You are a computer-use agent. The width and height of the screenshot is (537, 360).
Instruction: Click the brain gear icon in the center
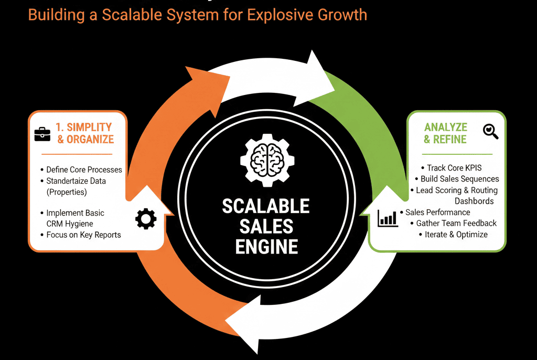click(x=267, y=160)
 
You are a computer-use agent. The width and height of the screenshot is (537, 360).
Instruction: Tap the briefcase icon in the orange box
click(x=42, y=134)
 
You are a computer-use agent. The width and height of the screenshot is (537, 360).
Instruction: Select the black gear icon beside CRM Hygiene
click(x=146, y=218)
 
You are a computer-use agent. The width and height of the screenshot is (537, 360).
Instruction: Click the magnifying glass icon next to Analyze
click(x=490, y=131)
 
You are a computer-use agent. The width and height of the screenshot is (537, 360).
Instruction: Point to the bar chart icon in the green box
click(x=388, y=218)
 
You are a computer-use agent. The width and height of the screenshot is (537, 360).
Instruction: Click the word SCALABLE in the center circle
click(x=266, y=206)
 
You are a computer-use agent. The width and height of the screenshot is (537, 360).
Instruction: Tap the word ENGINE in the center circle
click(x=266, y=247)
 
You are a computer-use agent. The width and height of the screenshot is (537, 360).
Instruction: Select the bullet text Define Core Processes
click(x=84, y=170)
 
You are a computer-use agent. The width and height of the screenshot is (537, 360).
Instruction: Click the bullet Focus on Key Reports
click(x=83, y=235)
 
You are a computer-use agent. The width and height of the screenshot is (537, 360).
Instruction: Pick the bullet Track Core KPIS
click(x=454, y=167)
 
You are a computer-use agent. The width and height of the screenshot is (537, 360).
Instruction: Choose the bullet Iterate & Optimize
click(x=456, y=235)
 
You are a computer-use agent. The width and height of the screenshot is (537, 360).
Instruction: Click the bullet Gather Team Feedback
click(x=456, y=223)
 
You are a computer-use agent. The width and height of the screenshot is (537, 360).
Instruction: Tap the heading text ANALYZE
click(x=446, y=127)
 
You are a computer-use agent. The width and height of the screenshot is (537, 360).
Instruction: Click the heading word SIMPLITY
click(x=89, y=127)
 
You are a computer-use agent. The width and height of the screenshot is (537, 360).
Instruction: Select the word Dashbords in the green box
click(x=474, y=201)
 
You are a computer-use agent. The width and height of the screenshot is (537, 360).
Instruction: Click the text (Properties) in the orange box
click(x=67, y=192)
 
